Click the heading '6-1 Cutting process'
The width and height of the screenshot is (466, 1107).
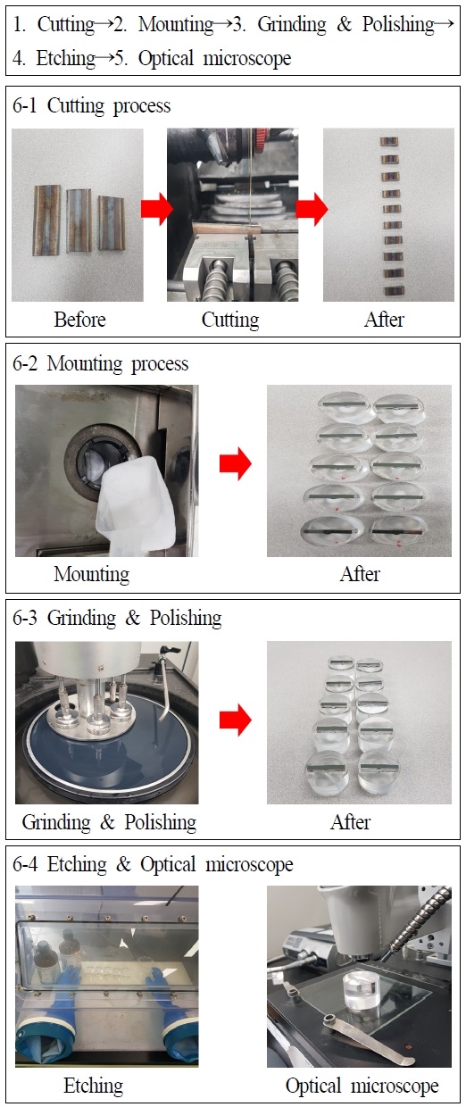point(91,105)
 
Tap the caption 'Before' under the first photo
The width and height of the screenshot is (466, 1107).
point(79,320)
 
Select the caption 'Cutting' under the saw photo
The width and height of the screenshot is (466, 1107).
point(230,320)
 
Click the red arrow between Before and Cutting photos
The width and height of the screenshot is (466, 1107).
point(156,208)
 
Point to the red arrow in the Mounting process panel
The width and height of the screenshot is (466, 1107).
point(236,463)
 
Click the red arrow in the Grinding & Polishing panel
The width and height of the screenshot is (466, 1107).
point(236,720)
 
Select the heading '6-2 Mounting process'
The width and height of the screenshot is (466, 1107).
point(100,363)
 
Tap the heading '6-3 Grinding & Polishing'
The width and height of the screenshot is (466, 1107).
point(117,619)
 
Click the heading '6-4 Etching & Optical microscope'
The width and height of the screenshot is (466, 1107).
point(153,864)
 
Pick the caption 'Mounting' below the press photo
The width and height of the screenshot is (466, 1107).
point(91,574)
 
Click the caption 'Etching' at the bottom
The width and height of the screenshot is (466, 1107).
point(94,1086)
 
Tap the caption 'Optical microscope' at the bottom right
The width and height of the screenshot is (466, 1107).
point(362,1086)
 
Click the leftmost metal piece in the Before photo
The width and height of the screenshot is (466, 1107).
point(46,220)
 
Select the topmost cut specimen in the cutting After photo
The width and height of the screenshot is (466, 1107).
point(389,142)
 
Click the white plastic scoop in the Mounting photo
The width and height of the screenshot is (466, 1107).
point(136,505)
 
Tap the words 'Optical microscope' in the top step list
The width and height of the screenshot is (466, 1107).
point(214,58)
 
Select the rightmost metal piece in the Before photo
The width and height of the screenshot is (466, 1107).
point(112,223)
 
